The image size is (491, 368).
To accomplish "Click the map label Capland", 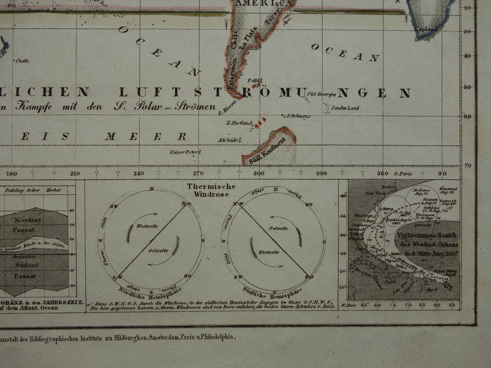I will point(426,29).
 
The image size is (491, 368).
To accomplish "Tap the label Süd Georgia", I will point(321,94).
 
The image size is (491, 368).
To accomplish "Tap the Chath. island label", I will point(22,61).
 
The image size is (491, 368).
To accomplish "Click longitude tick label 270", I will point(198,174).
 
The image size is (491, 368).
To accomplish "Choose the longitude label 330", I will point(321,174).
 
